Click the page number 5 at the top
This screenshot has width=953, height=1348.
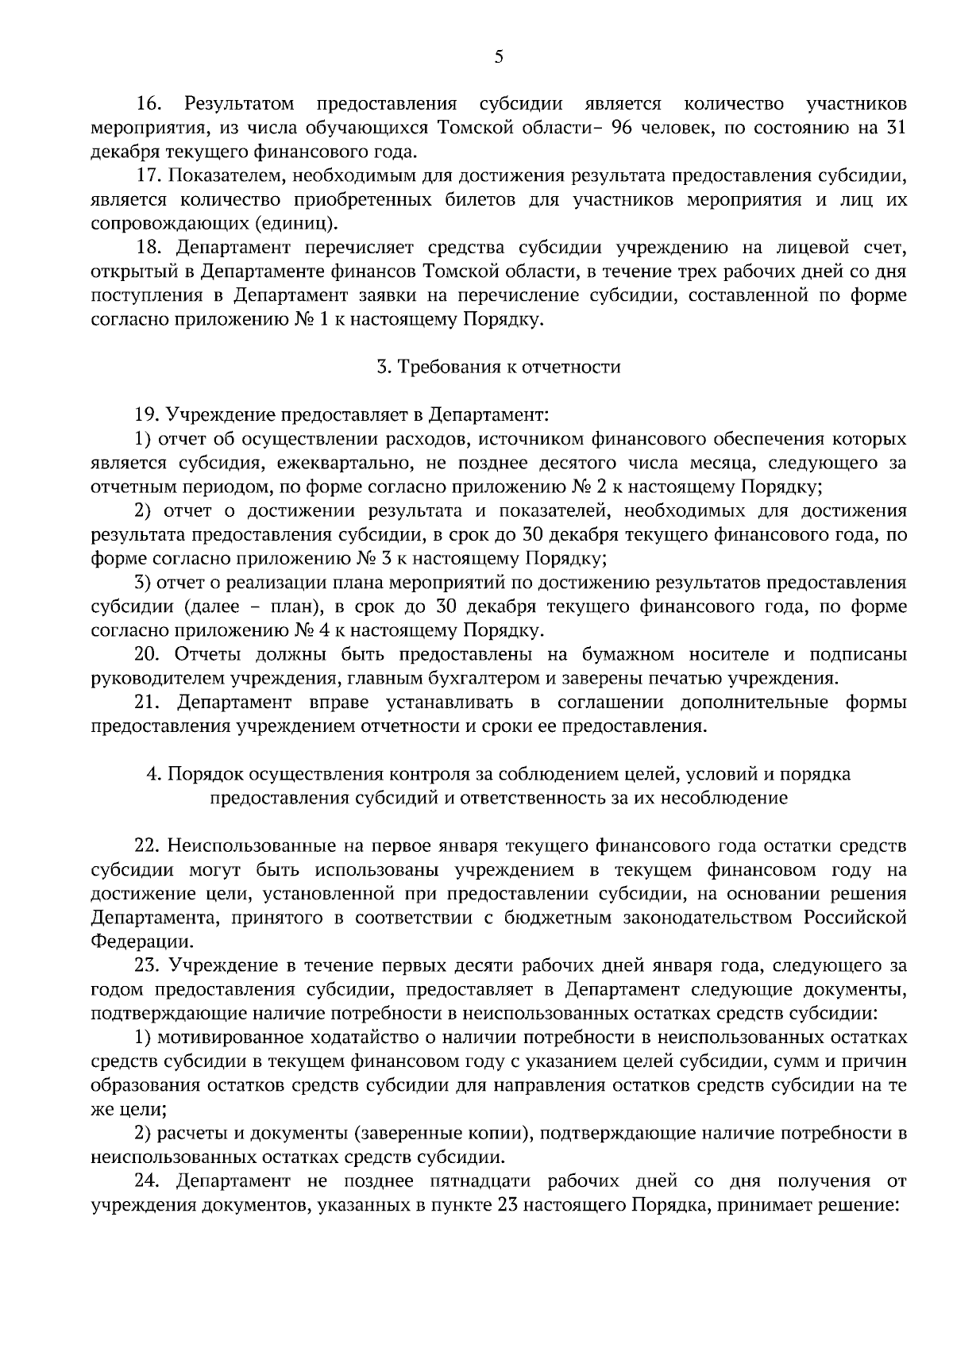(x=498, y=56)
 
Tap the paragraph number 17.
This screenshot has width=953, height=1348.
(x=148, y=175)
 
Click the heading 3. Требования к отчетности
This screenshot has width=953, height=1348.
(x=498, y=367)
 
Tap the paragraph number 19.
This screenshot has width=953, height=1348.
(x=148, y=415)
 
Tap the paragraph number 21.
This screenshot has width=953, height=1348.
(x=148, y=703)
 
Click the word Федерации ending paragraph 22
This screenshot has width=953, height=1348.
(x=141, y=942)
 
